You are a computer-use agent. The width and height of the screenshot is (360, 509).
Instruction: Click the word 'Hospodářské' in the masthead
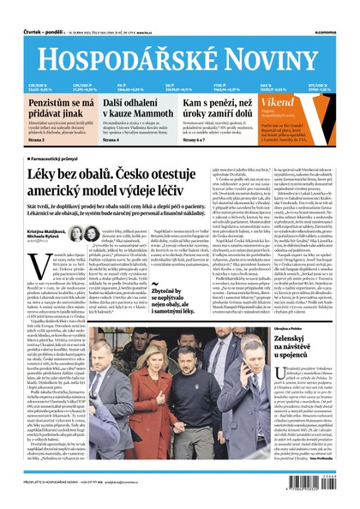[x=123, y=55]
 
